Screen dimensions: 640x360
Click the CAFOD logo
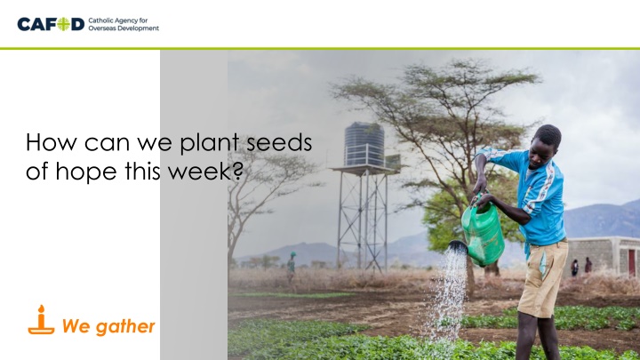[x=88, y=24]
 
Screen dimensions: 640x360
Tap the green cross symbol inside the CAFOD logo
[x=63, y=24]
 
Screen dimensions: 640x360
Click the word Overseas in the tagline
[x=101, y=28]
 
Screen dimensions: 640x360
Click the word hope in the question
[x=86, y=172]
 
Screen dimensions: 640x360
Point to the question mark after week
[x=237, y=171]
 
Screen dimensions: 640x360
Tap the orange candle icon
[x=41, y=320]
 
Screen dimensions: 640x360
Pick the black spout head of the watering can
[x=458, y=246]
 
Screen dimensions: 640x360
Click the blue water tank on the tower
[x=364, y=144]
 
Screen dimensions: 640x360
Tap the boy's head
[x=546, y=145]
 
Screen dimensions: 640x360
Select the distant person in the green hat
[x=291, y=268]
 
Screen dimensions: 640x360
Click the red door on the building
[x=631, y=262]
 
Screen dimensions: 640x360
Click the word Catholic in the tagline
[x=100, y=20]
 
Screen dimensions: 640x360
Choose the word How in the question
[x=51, y=142]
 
